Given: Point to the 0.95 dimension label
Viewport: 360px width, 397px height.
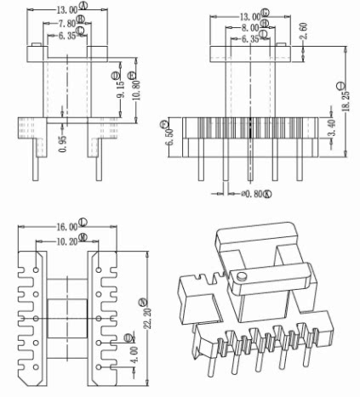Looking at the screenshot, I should click(x=61, y=144).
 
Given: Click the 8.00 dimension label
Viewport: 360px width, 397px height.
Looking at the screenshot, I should click(x=245, y=27).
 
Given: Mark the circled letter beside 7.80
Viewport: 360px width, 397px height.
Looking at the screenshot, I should click(x=80, y=18).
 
